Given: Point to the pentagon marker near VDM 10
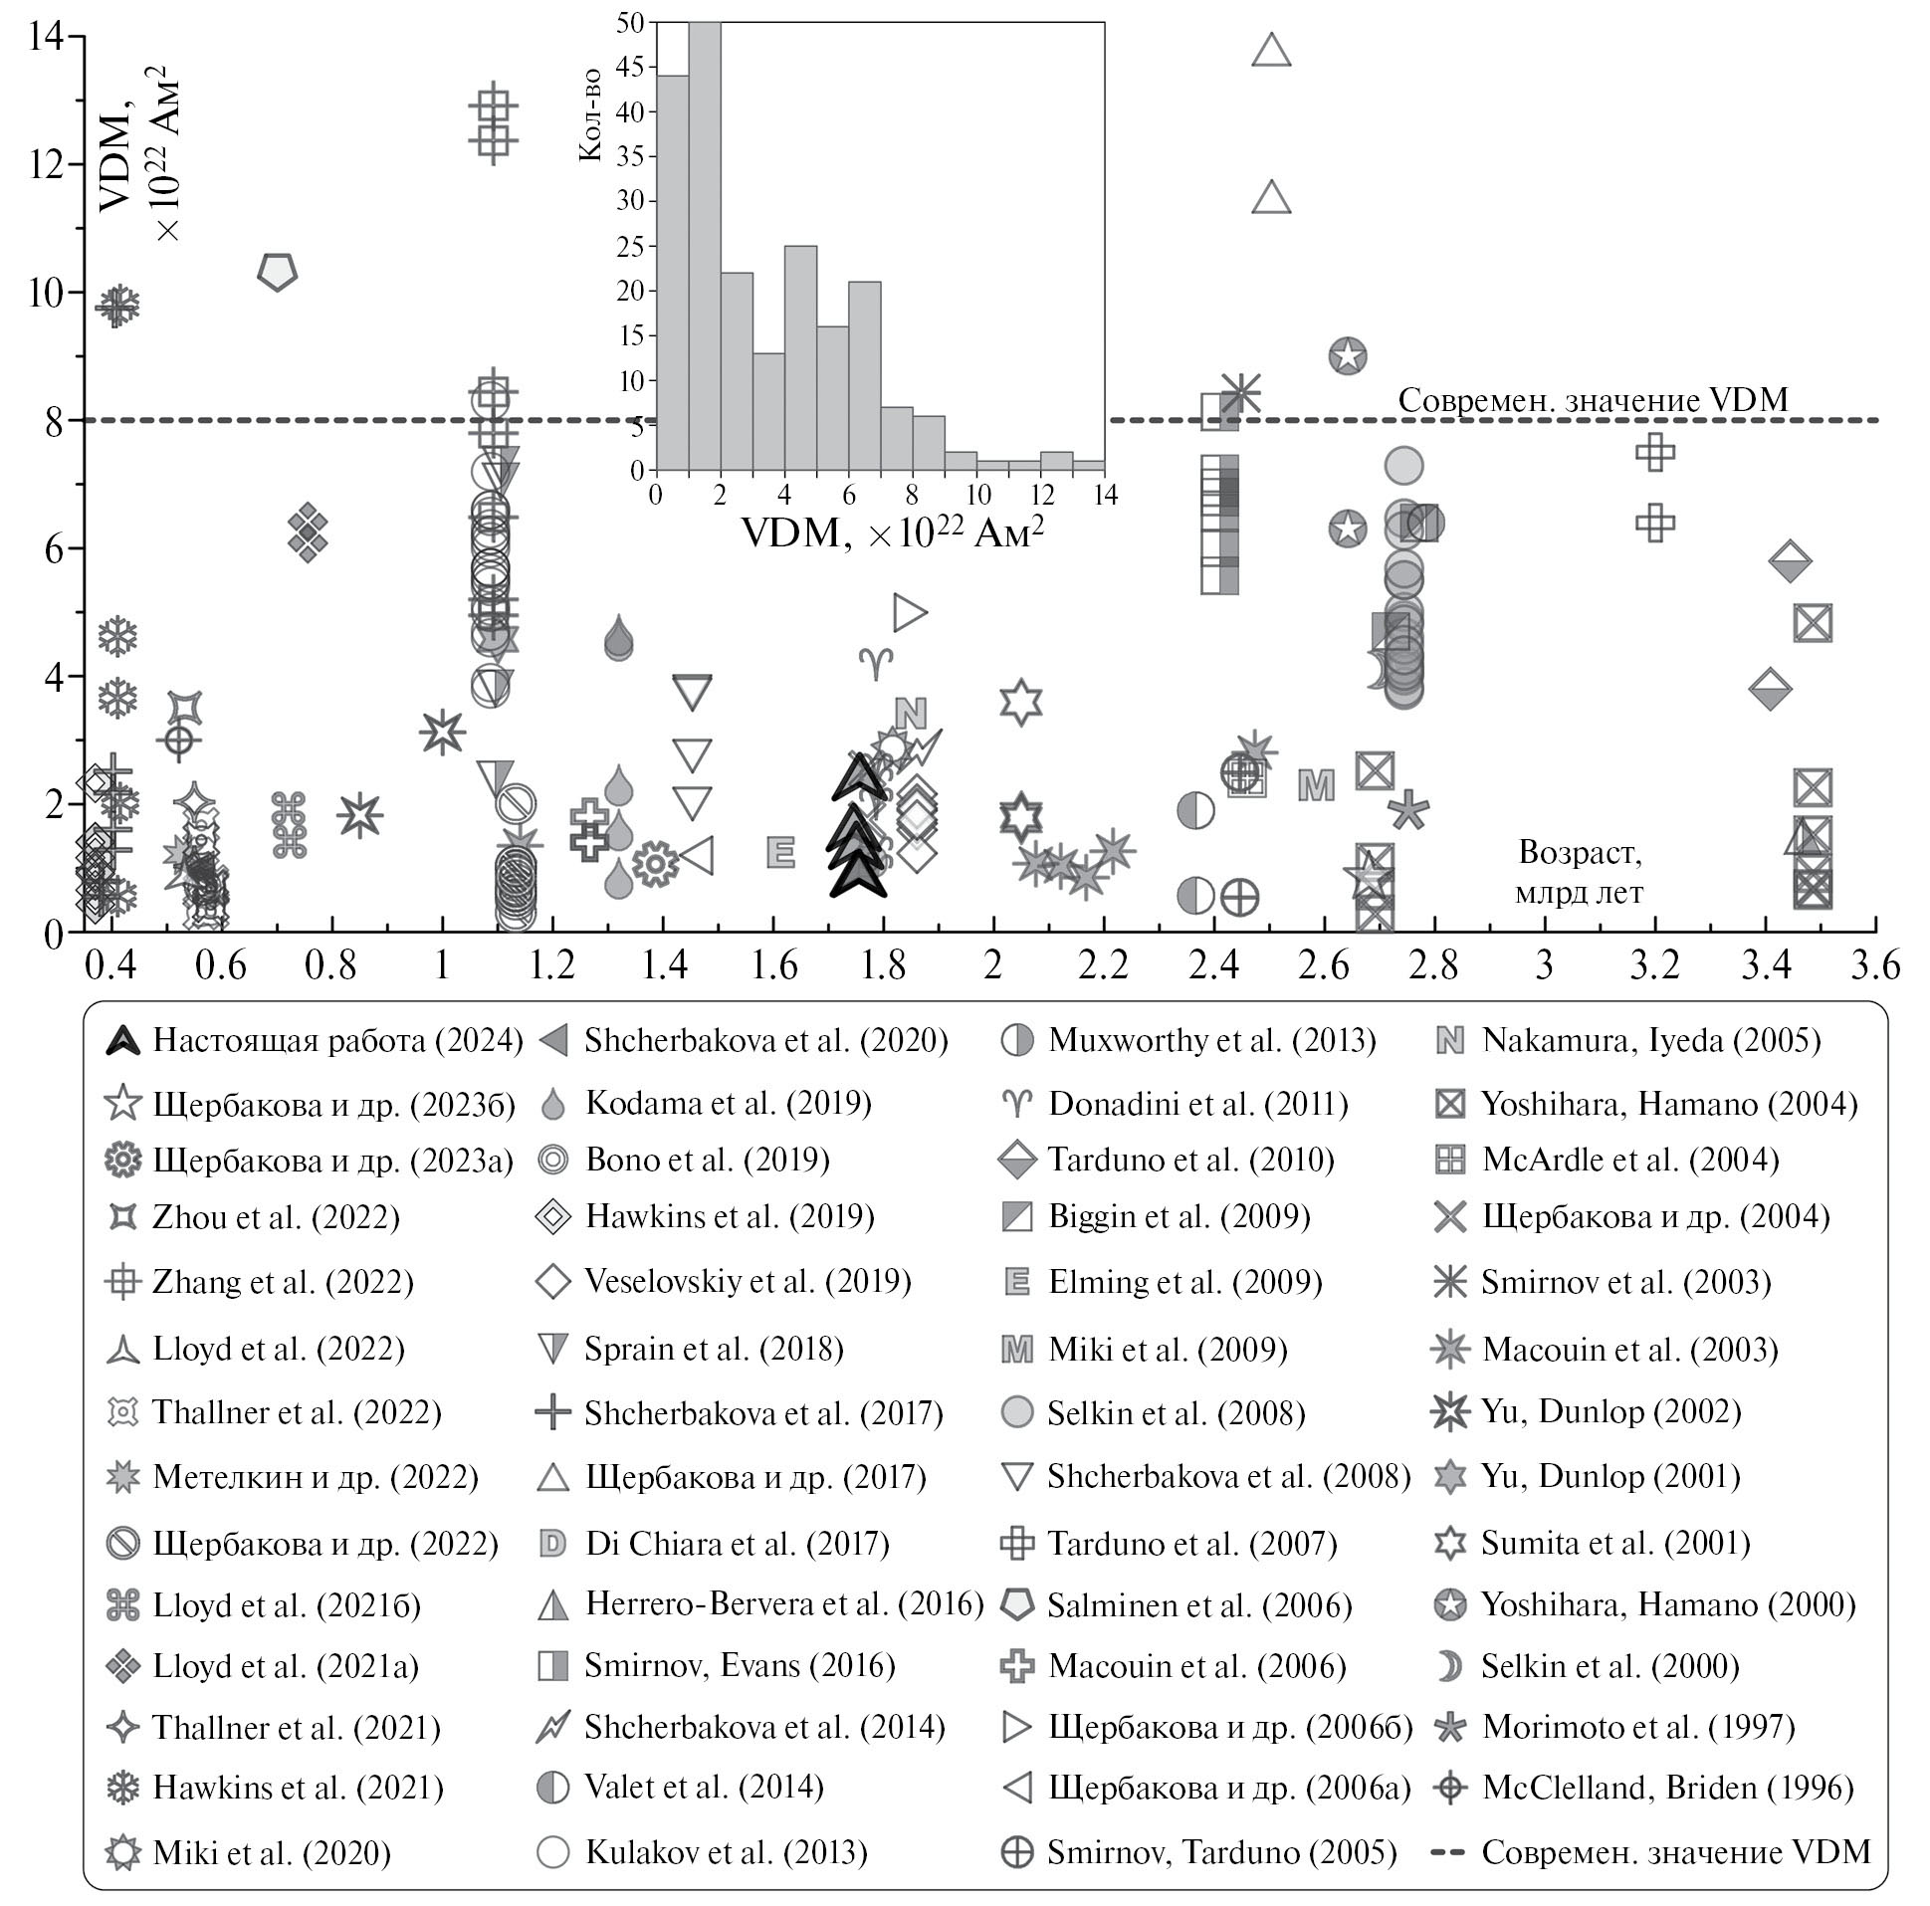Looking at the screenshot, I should (278, 272).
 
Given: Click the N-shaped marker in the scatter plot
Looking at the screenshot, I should (910, 714).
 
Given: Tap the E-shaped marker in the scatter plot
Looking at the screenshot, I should (780, 852).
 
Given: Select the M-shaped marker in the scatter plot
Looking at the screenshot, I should (1316, 785).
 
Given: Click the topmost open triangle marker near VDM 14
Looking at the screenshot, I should (1272, 50).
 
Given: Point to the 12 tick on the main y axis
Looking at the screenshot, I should (46, 164).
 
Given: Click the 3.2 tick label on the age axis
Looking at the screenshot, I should (1655, 965).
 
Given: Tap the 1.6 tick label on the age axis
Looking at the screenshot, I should (774, 965).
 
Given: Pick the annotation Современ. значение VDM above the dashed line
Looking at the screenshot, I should (1593, 399).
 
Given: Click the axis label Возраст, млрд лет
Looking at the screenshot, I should (1580, 872).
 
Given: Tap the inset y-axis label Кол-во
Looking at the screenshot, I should (590, 114).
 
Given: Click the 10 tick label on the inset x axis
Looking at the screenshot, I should (977, 496).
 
